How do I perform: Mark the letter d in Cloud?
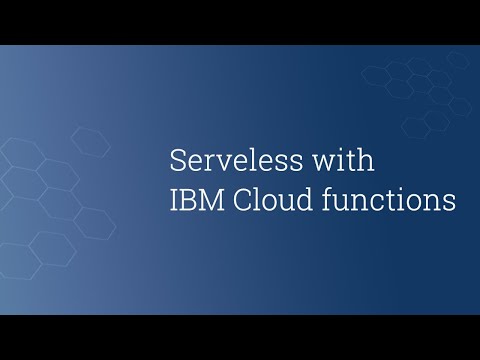[297, 199]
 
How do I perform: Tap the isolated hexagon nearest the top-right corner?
[458, 60]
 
